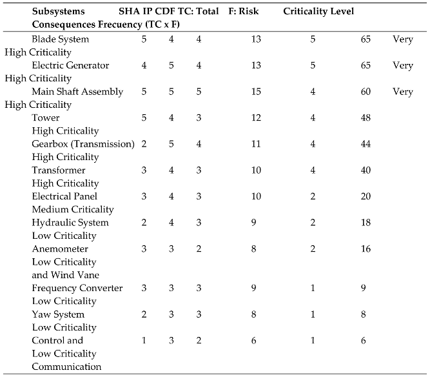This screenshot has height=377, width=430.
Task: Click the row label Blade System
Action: pyautogui.click(x=61, y=39)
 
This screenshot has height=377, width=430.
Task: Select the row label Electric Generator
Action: pyautogui.click(x=70, y=65)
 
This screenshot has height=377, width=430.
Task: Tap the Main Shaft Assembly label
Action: pyautogui.click(x=77, y=92)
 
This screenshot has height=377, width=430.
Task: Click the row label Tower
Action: pyautogui.click(x=45, y=117)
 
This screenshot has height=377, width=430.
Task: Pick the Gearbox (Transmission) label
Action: pyautogui.click(x=83, y=144)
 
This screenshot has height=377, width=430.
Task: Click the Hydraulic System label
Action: pyautogui.click(x=70, y=223)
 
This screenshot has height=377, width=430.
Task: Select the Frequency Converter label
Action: pyautogui.click(x=77, y=288)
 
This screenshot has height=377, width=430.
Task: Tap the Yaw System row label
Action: pyautogui.click(x=58, y=314)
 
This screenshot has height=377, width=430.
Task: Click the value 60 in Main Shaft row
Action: pyautogui.click(x=366, y=92)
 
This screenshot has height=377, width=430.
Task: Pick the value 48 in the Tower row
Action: pyautogui.click(x=366, y=117)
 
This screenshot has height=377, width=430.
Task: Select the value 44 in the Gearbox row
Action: pyautogui.click(x=366, y=144)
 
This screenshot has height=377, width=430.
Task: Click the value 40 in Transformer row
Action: pyautogui.click(x=366, y=170)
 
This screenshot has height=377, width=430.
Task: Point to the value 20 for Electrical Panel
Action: pyautogui.click(x=366, y=196)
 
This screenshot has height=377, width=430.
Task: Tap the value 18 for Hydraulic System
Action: pyautogui.click(x=366, y=223)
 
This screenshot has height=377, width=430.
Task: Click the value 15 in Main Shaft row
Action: pyautogui.click(x=256, y=92)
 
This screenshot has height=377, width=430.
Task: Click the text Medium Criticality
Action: pyautogui.click(x=73, y=209)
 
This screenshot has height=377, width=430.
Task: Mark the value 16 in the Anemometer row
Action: pyautogui.click(x=366, y=249)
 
